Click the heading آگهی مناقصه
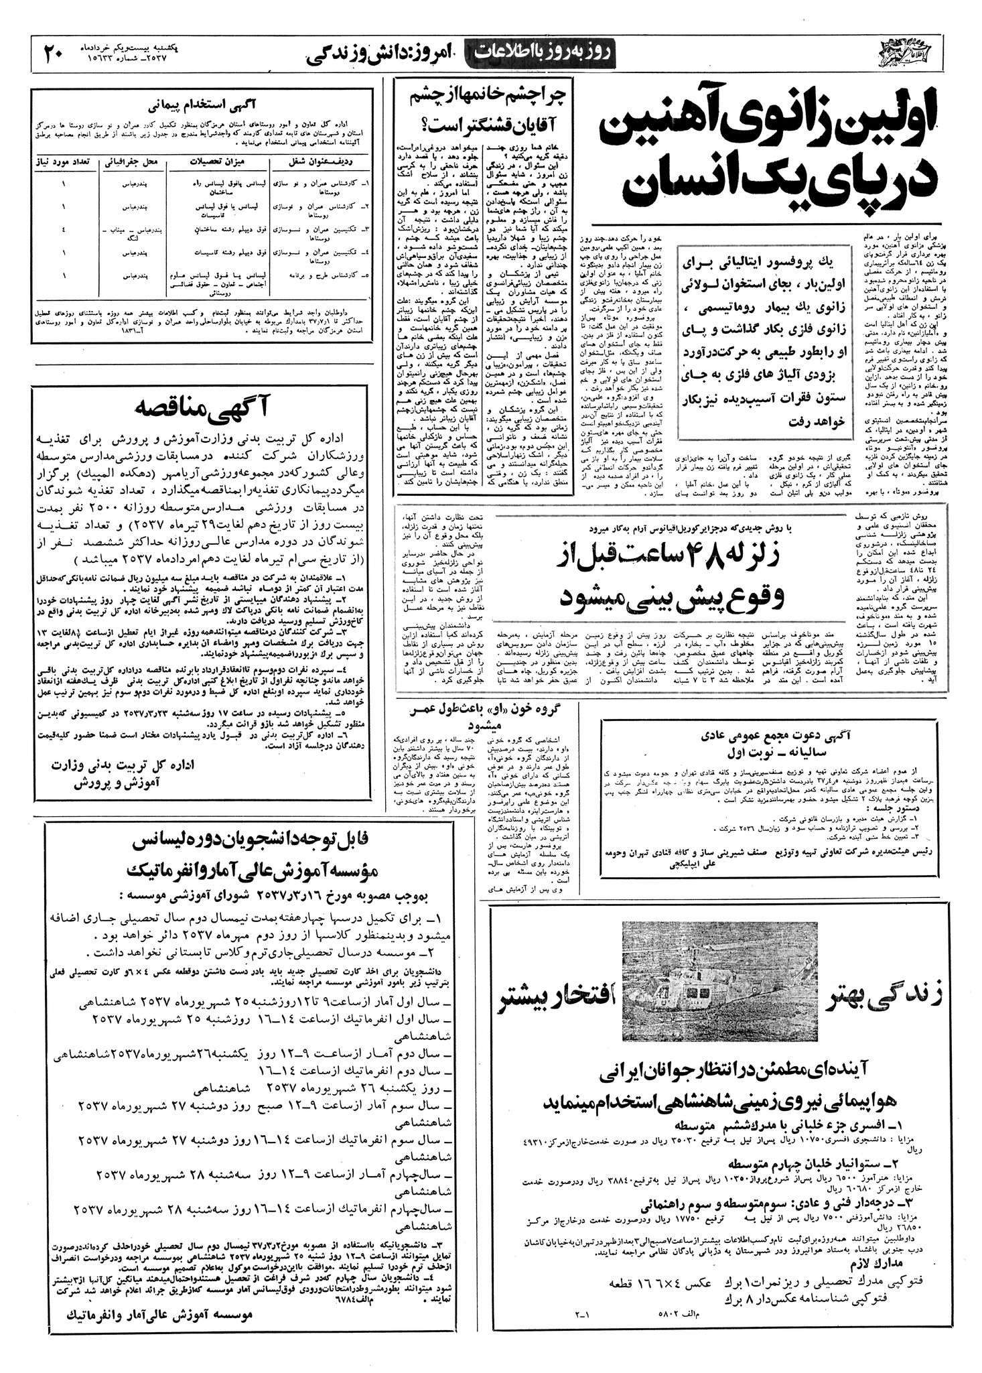pos(203,407)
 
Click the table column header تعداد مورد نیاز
pos(65,161)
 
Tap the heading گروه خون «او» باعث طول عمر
pos(478,712)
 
